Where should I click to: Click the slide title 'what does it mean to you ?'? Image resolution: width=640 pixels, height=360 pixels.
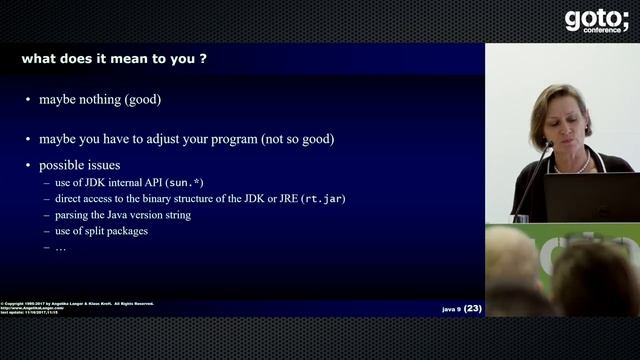115,59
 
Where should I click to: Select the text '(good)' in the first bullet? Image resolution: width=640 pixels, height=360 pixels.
144,100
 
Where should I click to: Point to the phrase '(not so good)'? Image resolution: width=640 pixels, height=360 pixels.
298,139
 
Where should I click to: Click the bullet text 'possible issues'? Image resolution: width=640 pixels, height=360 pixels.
81,165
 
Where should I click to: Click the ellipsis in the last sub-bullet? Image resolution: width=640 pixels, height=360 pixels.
61,247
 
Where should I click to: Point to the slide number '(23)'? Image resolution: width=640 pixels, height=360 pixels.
473,308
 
